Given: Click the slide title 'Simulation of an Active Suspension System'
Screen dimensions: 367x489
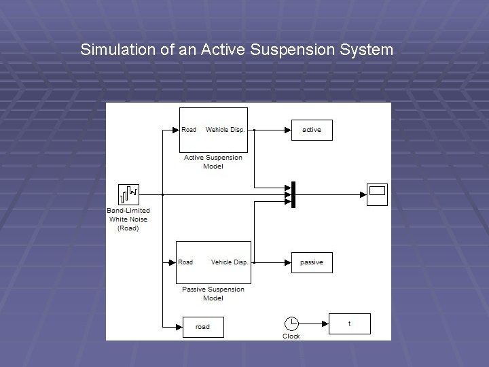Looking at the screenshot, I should click(x=236, y=50).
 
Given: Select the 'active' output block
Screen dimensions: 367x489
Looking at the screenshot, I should click(x=312, y=130).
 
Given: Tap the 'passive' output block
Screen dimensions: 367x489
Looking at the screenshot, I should click(x=312, y=262).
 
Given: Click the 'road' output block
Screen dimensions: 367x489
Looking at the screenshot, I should click(x=202, y=327).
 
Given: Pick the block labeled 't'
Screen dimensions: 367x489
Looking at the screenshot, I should click(x=350, y=324).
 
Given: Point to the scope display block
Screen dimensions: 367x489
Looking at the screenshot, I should click(x=377, y=194).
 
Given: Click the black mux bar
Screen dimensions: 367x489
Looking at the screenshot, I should click(x=293, y=194).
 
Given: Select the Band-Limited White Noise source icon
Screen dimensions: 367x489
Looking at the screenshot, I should click(x=128, y=194).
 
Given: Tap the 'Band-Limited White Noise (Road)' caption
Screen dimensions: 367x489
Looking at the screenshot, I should click(x=128, y=220).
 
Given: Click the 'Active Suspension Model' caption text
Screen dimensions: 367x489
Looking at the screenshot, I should click(x=213, y=162).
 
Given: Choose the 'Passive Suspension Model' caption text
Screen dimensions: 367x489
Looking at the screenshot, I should click(x=213, y=294).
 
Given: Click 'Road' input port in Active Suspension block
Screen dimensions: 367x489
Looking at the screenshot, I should click(x=189, y=130).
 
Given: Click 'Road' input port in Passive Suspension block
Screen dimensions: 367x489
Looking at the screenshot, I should click(x=185, y=262).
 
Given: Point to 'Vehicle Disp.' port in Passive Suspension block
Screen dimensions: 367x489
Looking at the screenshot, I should click(x=230, y=262).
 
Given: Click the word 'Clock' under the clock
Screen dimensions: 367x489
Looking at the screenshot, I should click(x=291, y=336).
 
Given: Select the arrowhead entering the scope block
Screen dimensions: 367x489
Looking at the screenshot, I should click(x=363, y=194).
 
